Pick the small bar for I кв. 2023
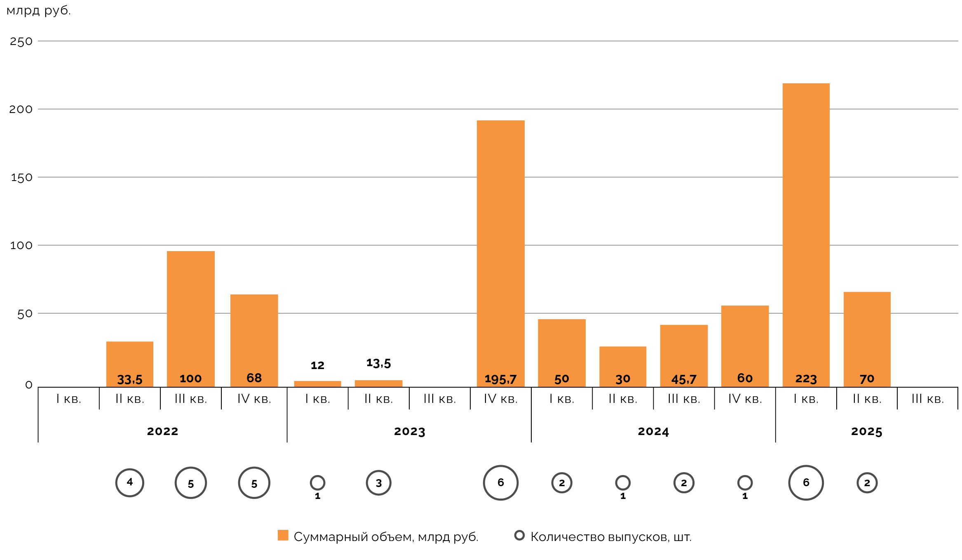pos(317,384)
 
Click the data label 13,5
pos(378,363)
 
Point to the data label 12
pos(317,365)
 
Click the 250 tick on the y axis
pos(21,42)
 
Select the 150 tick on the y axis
pos(21,178)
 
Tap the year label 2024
pos(653,431)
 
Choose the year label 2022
pos(162,431)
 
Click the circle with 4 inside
pos(129,482)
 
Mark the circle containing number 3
pos(378,483)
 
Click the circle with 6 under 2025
pos(806,482)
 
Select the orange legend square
pos(283,535)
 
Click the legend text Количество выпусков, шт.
pos(611,537)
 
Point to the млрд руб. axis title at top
pos(38,10)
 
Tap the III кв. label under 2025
pos(927,399)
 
